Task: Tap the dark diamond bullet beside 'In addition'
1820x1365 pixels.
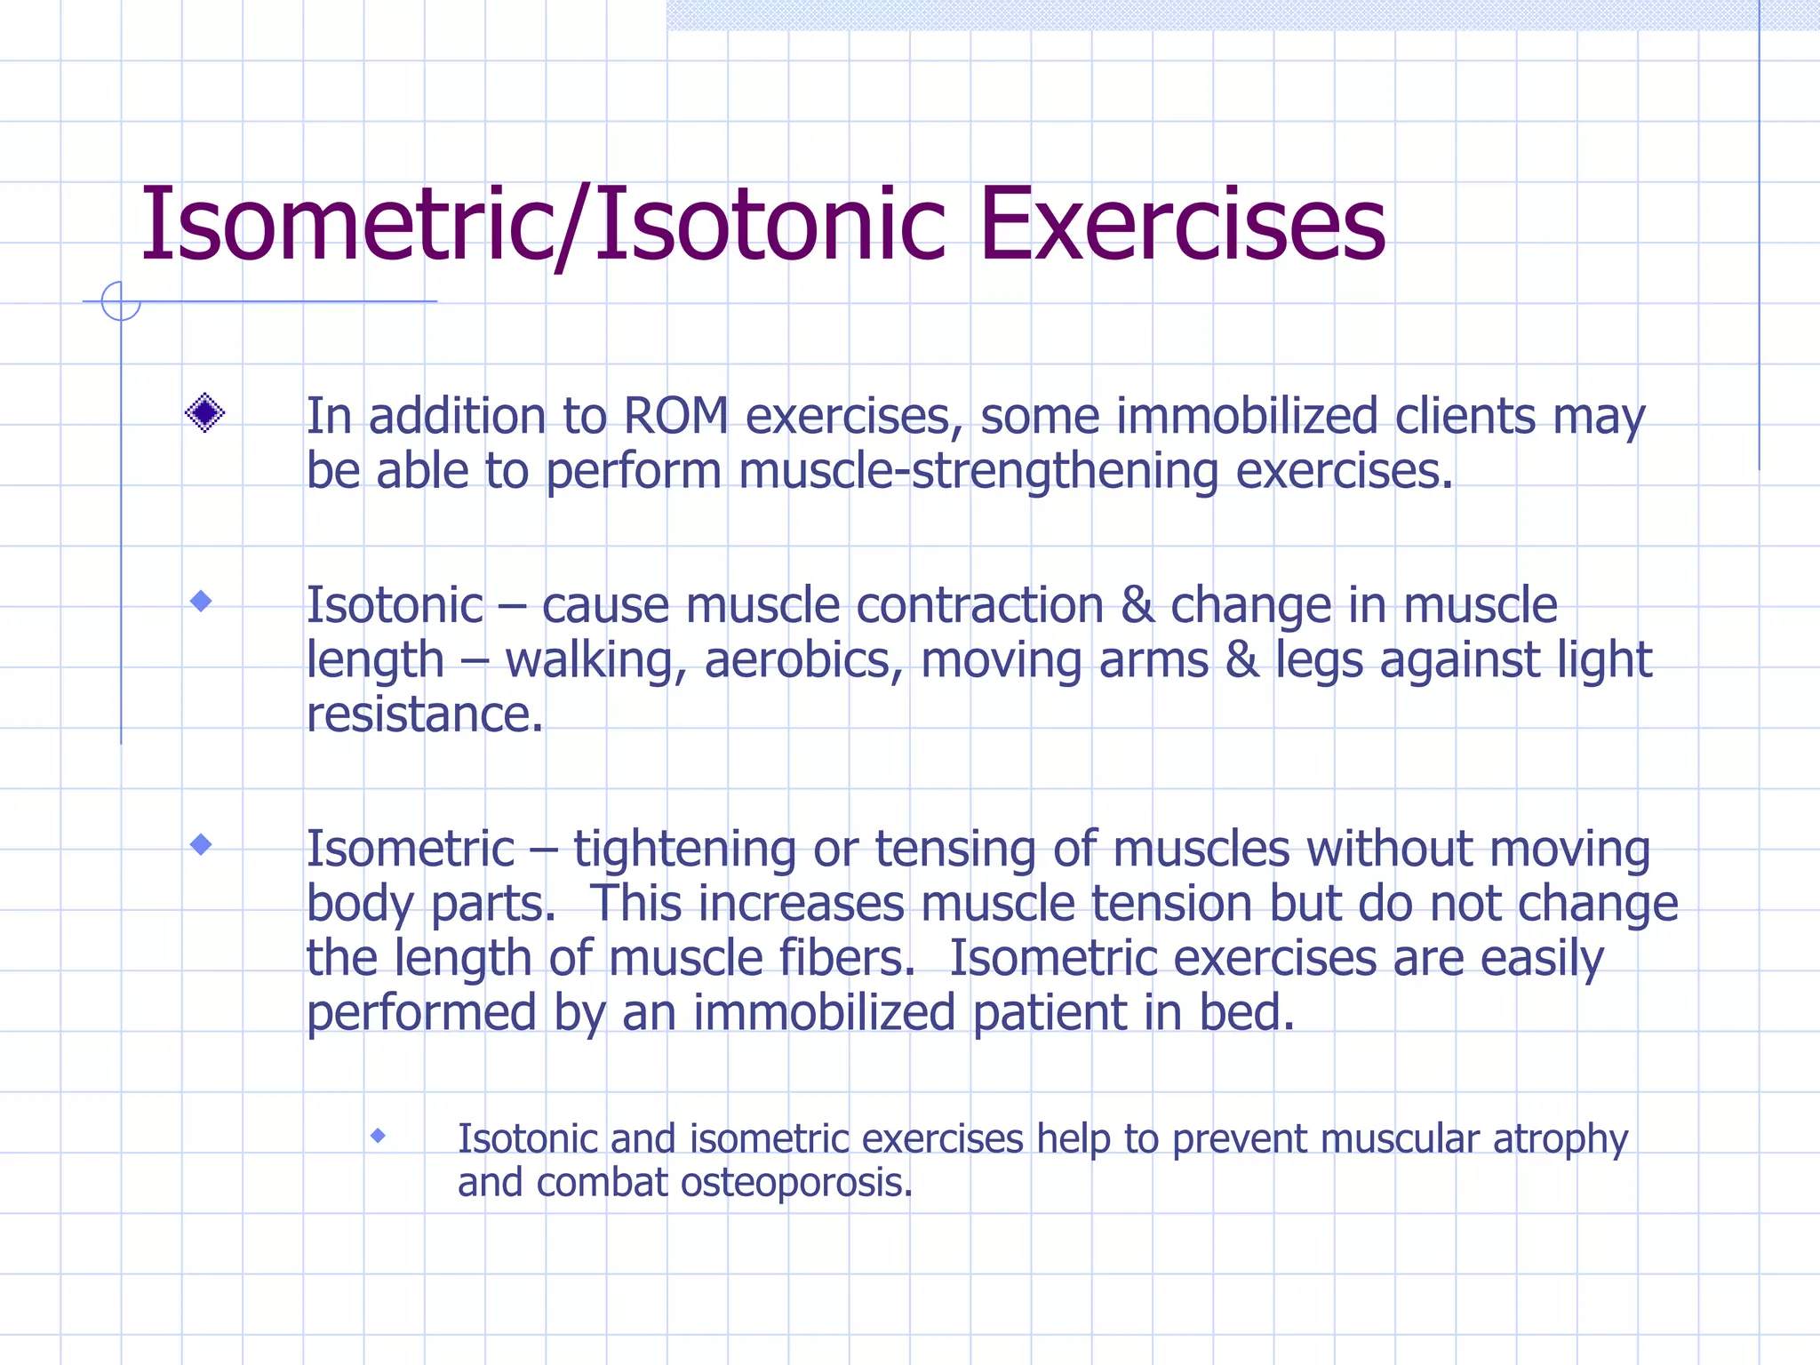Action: pos(204,413)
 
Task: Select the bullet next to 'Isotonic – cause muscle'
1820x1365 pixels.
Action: pos(202,602)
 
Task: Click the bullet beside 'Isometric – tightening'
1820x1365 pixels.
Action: pos(202,844)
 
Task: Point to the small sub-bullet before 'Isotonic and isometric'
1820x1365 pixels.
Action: pos(378,1136)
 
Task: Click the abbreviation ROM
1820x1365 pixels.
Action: pos(675,416)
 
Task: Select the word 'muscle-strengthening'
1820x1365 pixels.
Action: pos(978,471)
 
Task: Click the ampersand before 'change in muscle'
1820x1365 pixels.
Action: pos(1137,606)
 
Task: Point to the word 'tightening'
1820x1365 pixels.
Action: pos(684,850)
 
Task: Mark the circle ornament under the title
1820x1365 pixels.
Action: pos(121,301)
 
